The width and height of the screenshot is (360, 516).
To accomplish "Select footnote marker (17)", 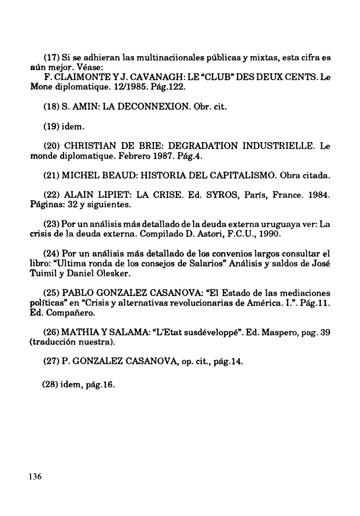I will pyautogui.click(x=52, y=58).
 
